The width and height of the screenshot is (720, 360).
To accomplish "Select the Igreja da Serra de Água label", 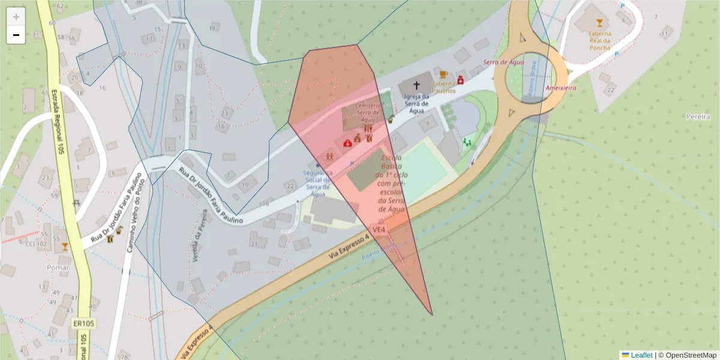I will point(416,103).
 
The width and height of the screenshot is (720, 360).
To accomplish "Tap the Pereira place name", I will point(698,116).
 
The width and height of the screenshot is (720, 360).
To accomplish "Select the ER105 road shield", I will point(83,323).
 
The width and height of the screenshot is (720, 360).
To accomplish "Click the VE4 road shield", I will point(379,229).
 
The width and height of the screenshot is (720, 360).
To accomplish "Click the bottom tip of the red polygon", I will point(432,314).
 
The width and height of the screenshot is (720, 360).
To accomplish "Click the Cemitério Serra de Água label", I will point(368,112).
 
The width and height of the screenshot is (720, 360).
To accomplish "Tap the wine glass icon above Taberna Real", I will point(599,23).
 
